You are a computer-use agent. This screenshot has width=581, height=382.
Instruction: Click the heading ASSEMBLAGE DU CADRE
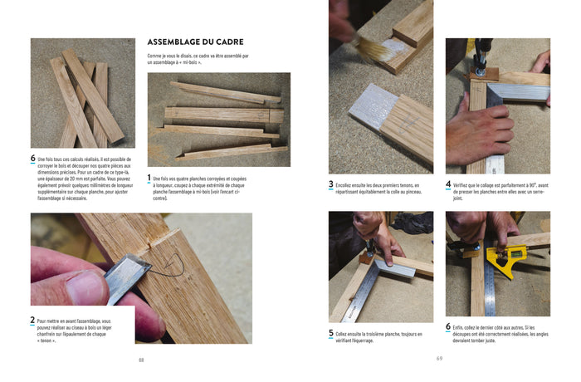194,42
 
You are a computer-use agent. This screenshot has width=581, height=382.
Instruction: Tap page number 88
141,360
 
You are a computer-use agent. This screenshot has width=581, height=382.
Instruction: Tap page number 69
439,359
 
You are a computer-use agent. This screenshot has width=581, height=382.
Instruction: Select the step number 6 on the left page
33,159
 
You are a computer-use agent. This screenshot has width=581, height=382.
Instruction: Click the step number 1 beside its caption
149,178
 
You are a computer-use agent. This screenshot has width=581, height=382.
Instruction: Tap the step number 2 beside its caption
33,320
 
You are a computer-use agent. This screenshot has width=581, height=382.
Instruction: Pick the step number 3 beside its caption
331,185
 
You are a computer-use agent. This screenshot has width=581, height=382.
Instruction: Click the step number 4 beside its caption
448,185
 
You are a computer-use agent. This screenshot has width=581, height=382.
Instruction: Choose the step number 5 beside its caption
331,334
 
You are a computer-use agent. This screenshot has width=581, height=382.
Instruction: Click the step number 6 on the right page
448,327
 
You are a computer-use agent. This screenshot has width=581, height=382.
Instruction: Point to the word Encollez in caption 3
349,185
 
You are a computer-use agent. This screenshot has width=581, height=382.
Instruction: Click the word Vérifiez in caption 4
465,184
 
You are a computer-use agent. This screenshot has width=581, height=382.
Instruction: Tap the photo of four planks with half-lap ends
219,119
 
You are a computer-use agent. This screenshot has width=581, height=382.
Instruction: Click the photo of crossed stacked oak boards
82,92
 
